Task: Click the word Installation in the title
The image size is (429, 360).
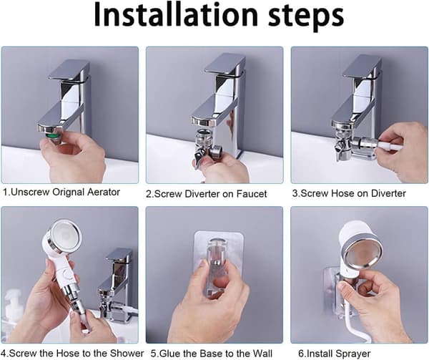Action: click(x=176, y=15)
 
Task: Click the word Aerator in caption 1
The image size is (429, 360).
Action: click(x=104, y=192)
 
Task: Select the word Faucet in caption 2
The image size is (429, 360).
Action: click(x=252, y=194)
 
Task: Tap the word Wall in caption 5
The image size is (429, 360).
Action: click(x=262, y=353)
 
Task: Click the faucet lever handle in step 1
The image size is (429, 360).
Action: click(x=69, y=71)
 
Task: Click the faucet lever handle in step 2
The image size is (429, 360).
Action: click(x=225, y=65)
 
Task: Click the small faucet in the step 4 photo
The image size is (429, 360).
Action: click(x=115, y=285)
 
